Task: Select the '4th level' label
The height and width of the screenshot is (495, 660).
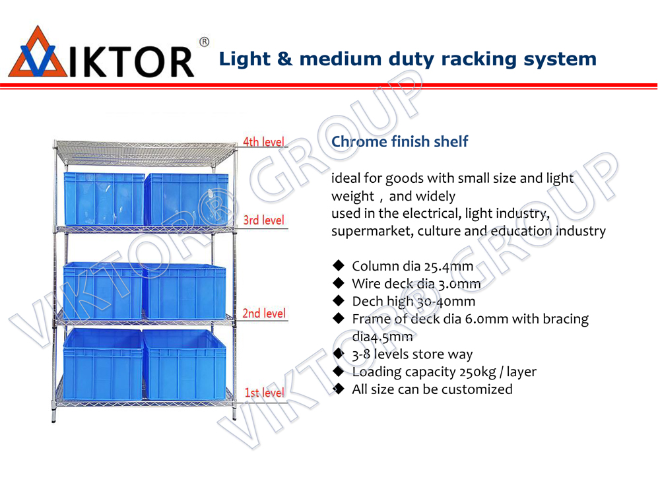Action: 263,142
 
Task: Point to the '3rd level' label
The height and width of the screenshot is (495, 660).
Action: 263,220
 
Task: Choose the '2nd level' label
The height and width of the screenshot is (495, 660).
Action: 264,313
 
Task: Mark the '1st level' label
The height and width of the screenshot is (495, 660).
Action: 264,393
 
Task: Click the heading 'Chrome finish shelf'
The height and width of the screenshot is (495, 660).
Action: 399,141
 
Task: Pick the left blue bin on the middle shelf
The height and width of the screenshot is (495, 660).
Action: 102,291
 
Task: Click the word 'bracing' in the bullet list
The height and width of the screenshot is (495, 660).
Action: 566,319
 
